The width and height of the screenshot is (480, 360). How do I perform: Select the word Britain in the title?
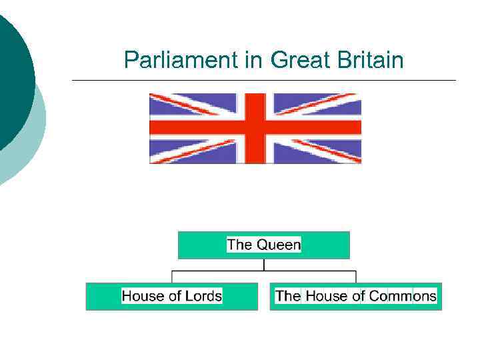pos(371,61)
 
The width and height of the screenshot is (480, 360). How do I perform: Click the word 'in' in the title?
pos(254,61)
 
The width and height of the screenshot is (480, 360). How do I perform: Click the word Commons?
pos(403,296)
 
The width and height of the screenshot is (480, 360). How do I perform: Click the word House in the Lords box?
pos(141,296)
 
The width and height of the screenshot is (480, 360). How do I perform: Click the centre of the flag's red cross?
pos(255,127)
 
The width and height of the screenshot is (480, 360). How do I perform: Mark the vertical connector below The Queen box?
pos(264,265)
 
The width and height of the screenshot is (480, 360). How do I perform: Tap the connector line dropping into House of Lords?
pos(172,277)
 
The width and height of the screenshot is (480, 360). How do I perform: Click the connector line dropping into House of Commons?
pos(356,277)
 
